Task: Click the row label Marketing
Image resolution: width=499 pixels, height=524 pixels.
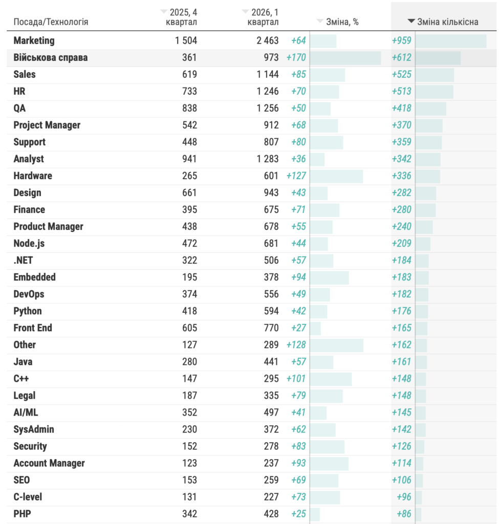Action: (34, 40)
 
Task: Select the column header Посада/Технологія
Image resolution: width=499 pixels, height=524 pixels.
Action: (51, 22)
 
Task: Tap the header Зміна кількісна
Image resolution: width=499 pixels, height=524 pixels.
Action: (448, 21)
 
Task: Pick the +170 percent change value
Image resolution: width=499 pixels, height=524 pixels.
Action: (296, 57)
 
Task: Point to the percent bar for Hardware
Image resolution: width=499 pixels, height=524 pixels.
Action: (336, 176)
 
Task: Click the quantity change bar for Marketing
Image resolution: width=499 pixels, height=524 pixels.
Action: (450, 40)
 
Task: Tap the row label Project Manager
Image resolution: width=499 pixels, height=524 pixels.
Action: (47, 125)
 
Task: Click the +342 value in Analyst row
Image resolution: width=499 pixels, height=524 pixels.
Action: (401, 159)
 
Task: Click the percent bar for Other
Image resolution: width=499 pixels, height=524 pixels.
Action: (337, 344)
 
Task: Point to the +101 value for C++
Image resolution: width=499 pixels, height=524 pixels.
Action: (296, 378)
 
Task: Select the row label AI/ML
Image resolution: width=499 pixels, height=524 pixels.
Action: (26, 412)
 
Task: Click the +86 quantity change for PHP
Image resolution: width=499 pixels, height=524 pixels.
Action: (404, 513)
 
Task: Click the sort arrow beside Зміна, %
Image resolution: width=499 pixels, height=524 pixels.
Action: (320, 21)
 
